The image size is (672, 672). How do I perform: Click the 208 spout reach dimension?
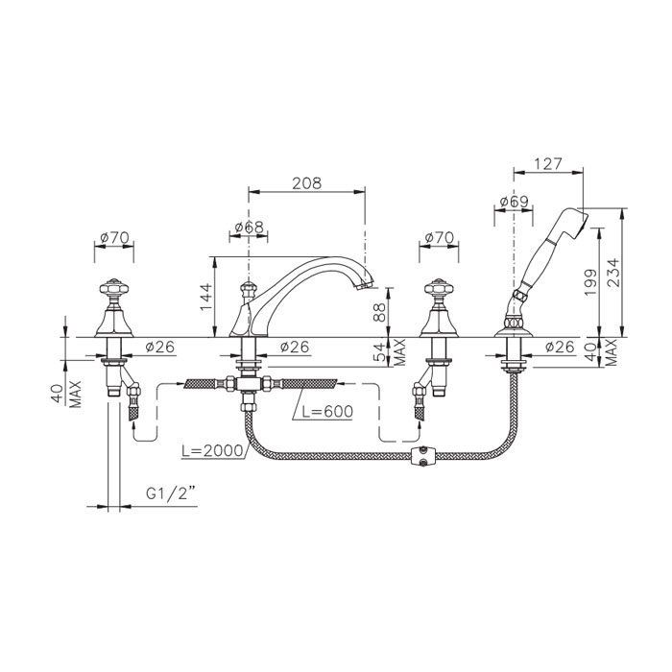[x=306, y=183]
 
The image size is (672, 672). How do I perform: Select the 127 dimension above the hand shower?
[x=548, y=163]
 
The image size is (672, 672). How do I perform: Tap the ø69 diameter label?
[x=514, y=202]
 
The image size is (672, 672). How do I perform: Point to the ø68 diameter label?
[x=249, y=227]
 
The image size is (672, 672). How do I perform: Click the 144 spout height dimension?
[x=206, y=297]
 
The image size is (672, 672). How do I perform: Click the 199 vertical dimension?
[x=590, y=282]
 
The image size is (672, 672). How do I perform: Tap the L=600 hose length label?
[x=327, y=412]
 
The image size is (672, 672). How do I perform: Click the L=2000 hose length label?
[x=212, y=451]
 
